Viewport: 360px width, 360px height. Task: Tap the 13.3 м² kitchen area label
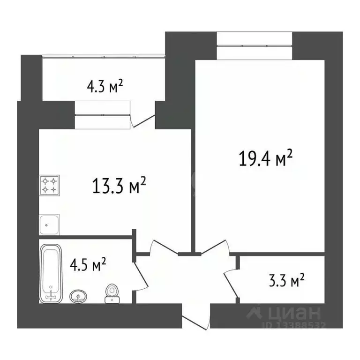pos(119,187)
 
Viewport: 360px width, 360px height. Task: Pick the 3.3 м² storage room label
pos(285,281)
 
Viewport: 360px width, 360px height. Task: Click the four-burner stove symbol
pos(49,185)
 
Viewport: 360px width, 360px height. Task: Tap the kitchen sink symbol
pos(49,224)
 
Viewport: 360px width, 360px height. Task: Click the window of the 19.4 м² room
pos(255,46)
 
